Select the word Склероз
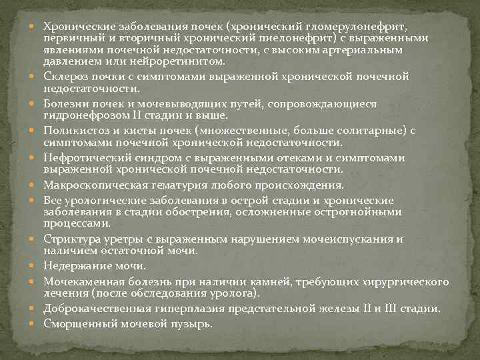(65, 77)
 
